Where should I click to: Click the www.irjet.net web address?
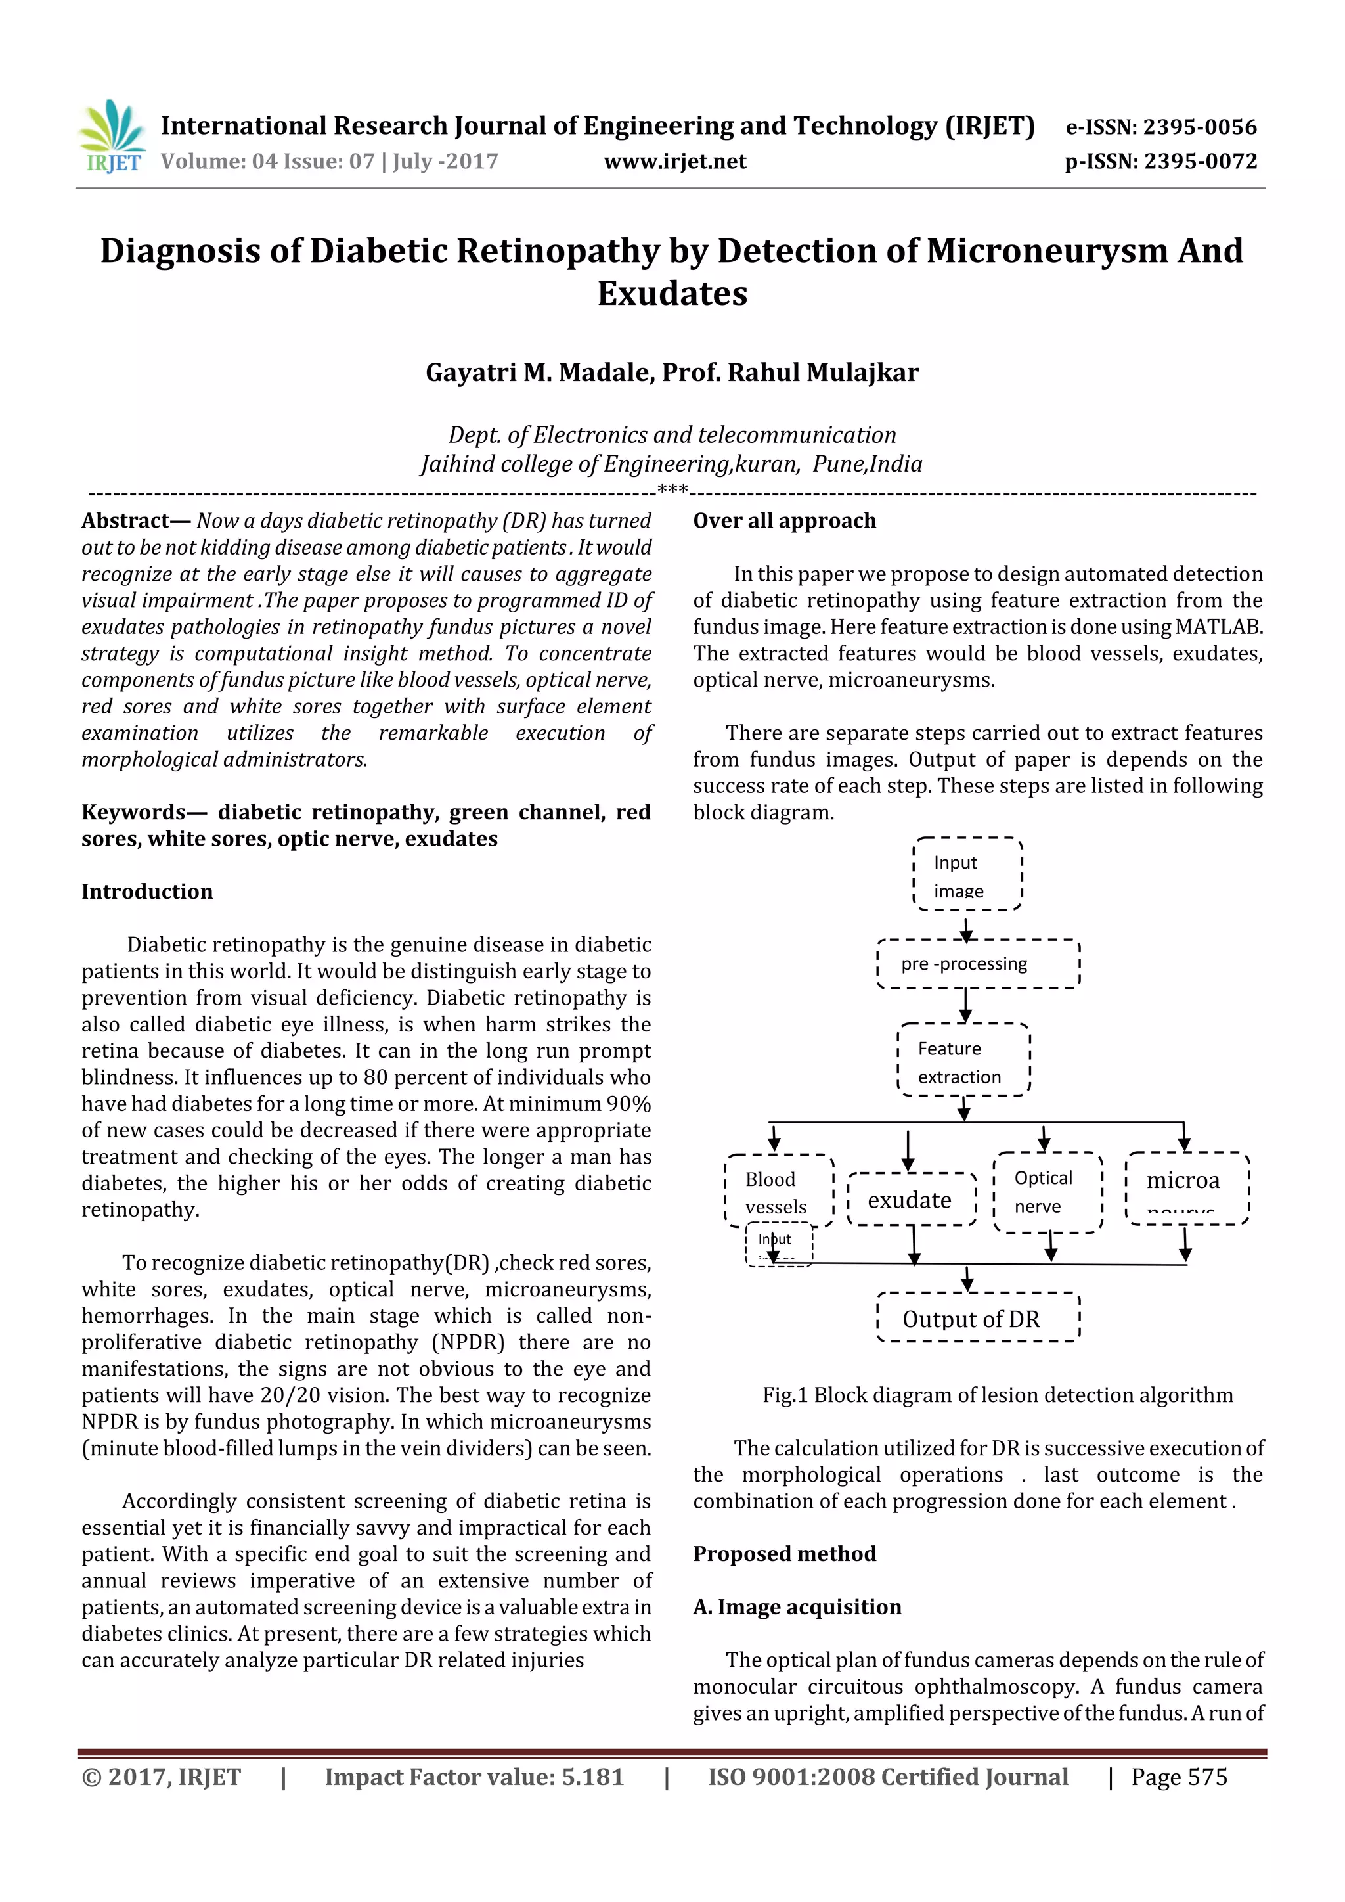point(675,162)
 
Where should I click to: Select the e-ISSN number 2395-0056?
point(1200,127)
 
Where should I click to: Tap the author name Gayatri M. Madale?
point(536,373)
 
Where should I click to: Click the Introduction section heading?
point(146,892)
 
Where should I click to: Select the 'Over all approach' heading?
point(784,520)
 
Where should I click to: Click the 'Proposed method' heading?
point(784,1553)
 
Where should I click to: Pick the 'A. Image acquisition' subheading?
point(797,1606)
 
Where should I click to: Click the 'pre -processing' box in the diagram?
point(978,963)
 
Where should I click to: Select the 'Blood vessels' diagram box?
point(778,1191)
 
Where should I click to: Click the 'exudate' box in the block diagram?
point(911,1200)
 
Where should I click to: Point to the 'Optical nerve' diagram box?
point(1047,1191)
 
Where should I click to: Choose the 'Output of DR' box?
point(978,1318)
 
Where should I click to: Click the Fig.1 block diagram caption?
point(997,1395)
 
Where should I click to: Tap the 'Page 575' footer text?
point(1180,1777)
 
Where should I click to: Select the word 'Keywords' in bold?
point(133,812)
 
